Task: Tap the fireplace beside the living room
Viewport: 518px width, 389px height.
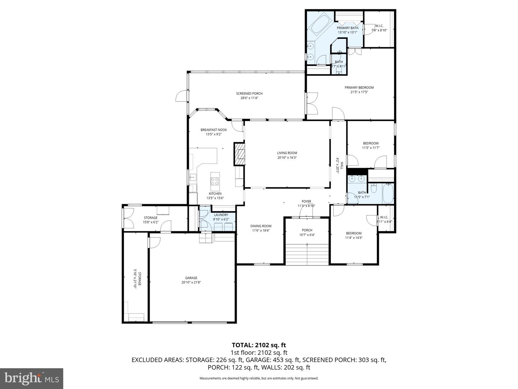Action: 239,154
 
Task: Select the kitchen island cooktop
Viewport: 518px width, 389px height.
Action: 215,181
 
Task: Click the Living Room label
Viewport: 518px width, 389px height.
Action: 287,153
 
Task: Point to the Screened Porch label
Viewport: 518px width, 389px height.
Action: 249,94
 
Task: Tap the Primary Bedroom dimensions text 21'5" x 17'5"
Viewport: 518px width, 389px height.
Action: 359,92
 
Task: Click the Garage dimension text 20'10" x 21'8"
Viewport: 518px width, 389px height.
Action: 191,283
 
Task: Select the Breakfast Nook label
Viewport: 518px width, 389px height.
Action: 214,130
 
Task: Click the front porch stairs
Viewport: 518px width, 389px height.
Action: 307,254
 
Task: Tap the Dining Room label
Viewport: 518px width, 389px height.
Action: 261,226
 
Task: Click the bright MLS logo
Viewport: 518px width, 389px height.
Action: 32,378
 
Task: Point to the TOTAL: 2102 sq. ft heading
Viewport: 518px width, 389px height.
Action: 259,345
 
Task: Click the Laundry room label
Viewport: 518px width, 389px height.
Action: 221,215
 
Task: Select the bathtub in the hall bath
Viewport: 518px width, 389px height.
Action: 388,193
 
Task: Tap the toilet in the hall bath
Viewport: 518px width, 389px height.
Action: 374,188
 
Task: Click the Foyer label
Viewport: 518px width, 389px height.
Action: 306,202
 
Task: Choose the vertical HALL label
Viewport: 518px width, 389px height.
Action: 342,165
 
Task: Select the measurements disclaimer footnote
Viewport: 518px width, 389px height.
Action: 259,378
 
